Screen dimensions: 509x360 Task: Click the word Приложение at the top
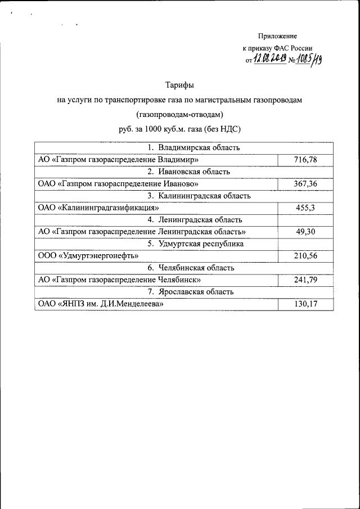tap(277, 35)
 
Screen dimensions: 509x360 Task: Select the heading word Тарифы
tap(179, 85)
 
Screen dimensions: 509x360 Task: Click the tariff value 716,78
tap(305, 160)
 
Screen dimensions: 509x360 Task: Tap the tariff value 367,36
tap(305, 184)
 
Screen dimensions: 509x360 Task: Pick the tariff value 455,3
tap(305, 208)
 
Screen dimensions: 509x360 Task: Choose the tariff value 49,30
tap(305, 232)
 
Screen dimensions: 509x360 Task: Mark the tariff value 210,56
tap(305, 256)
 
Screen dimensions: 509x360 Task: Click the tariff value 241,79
tap(305, 280)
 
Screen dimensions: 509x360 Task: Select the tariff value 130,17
tap(305, 304)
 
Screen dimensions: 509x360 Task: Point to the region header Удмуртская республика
tap(196, 244)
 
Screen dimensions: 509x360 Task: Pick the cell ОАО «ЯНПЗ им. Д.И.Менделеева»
tap(101, 304)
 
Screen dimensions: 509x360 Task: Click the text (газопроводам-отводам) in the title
tap(179, 114)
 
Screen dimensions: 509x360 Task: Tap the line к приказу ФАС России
tap(277, 48)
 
